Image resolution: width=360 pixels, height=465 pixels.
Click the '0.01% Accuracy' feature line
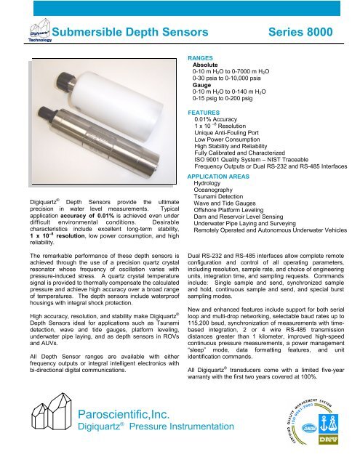pos(223,122)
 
